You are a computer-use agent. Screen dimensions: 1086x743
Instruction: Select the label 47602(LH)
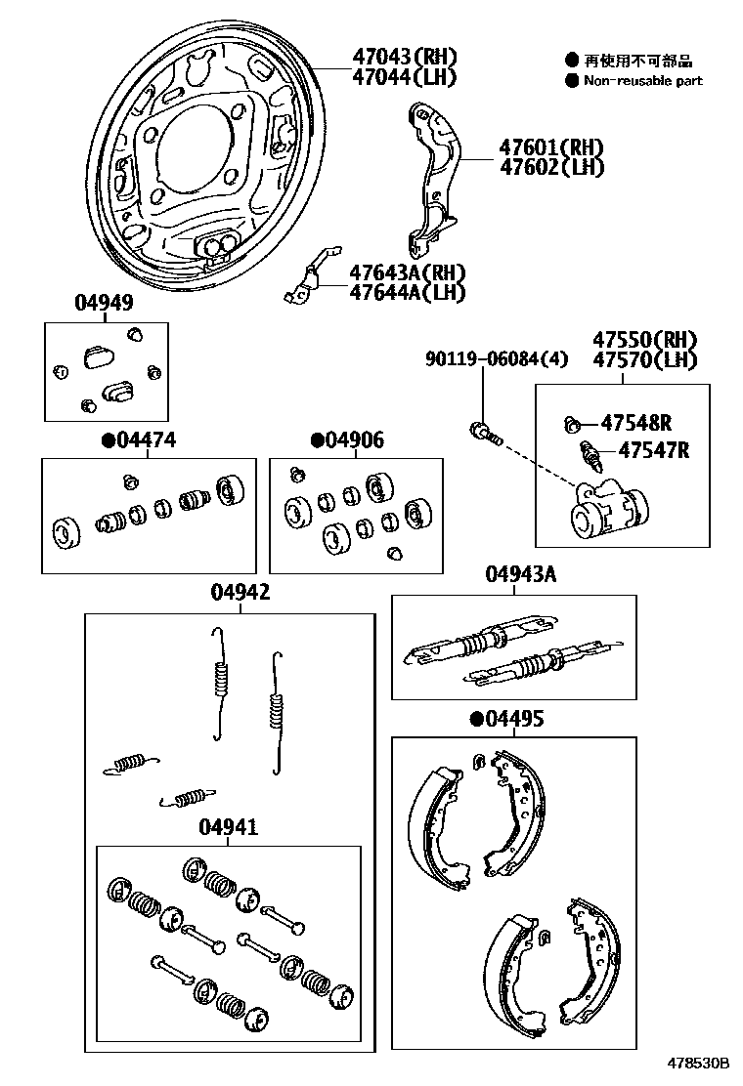click(551, 167)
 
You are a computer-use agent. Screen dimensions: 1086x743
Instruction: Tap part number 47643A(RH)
click(408, 272)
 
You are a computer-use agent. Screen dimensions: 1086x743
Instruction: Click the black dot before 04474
click(108, 440)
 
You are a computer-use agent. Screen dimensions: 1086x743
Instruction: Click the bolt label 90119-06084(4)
click(496, 360)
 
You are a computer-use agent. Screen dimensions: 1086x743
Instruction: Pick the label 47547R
click(653, 450)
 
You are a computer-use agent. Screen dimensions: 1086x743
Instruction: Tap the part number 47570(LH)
click(644, 360)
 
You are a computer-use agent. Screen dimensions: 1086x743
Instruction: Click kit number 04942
click(240, 592)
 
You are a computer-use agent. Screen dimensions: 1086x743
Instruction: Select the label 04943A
click(520, 574)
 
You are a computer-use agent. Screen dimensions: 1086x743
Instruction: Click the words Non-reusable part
click(642, 81)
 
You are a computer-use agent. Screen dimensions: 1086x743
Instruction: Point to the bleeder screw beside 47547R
click(590, 455)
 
